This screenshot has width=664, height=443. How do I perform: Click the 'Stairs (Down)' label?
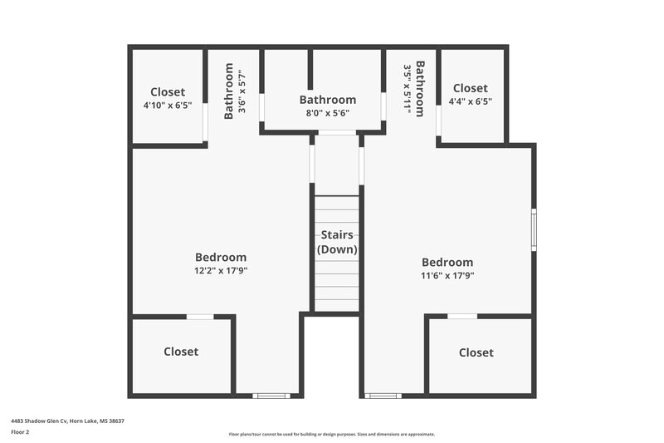pos(337,242)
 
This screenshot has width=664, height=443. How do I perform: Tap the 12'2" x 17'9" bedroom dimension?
pos(221,270)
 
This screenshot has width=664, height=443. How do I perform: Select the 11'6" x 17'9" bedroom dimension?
pos(447,275)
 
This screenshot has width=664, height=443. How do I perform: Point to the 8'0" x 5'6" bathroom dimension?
pos(327,113)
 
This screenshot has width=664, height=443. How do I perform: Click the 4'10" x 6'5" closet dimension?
pos(168,106)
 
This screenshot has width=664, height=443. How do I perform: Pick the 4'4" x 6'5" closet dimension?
pos(470,101)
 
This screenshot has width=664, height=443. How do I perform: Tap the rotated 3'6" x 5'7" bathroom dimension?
pos(242,89)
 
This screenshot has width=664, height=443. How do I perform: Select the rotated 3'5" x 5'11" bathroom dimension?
pos(408,89)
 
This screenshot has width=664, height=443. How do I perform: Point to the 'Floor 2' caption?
pos(20,432)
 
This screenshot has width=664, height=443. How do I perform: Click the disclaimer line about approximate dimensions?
pos(332,434)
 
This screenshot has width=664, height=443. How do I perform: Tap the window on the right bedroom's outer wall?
pos(534,229)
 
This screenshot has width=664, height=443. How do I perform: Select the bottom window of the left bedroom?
pos(271,396)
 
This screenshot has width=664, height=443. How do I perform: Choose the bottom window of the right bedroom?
pos(383,396)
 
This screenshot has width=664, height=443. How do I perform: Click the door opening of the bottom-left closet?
pos(200,317)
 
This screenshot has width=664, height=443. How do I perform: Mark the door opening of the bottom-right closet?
pos(462,317)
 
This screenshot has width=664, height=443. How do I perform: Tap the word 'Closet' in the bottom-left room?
pos(181,352)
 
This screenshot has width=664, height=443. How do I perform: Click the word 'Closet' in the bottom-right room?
pos(476,352)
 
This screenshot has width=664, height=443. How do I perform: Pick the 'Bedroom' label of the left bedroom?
pos(221,257)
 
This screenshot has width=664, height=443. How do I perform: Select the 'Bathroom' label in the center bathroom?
pos(328,100)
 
